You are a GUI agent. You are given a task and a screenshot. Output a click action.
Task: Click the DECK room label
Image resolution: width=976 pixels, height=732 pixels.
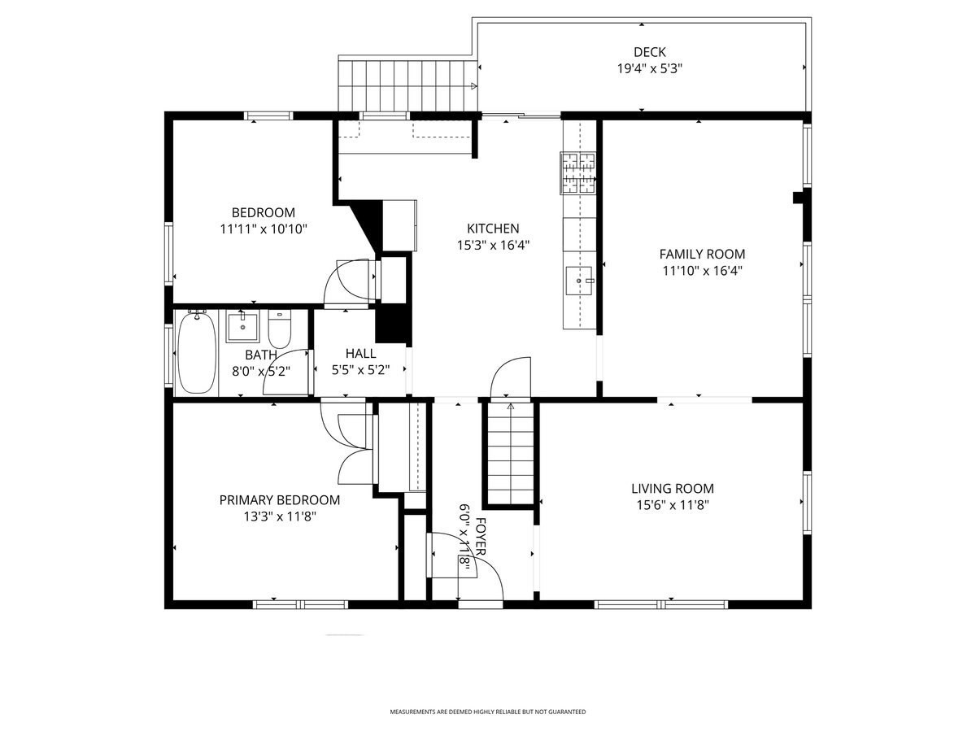coord(649,52)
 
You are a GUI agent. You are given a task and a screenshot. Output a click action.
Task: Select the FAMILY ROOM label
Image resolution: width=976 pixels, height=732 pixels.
coord(702,254)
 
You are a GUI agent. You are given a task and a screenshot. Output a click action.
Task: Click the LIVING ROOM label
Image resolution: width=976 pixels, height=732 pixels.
coord(673,488)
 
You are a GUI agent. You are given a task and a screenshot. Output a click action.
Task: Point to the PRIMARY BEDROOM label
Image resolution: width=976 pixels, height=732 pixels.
coord(279,499)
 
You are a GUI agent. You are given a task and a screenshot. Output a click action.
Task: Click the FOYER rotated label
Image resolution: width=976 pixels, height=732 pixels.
coord(481,537)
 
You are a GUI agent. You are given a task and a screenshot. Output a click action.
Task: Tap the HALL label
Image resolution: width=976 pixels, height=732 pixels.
coord(360,353)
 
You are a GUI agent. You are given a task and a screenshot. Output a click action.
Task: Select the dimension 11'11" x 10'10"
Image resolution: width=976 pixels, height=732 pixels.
coord(263,229)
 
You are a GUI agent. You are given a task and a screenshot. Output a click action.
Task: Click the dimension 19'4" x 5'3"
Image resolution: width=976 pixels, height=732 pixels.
coord(649,69)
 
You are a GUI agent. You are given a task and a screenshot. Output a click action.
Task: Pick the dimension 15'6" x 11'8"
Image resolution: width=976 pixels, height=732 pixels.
coord(673,505)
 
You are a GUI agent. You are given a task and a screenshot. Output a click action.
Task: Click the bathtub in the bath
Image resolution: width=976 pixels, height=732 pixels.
coord(196,353)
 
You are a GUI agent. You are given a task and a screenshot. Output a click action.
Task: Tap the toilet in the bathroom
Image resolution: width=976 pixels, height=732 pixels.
coord(279,330)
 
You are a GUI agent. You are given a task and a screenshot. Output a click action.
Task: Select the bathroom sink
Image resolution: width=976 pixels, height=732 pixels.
coord(242,326)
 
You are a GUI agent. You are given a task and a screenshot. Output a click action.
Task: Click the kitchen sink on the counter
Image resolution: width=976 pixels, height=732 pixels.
coord(579,281)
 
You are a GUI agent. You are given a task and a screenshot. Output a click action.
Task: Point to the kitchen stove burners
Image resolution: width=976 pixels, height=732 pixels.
coord(578,173)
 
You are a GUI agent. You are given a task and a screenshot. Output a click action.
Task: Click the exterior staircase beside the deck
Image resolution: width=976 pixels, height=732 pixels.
coord(407,85)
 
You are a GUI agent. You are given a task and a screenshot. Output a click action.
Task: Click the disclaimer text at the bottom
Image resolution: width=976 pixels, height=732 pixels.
coord(487,712)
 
